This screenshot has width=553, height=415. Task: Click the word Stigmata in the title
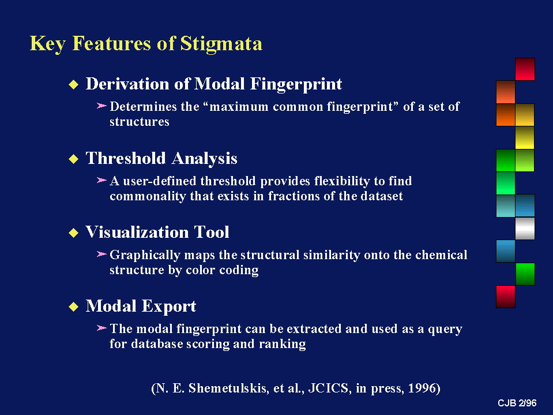pos(221,43)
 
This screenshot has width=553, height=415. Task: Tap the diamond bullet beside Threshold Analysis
pos(73,159)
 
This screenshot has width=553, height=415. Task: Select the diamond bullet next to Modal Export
pos(73,306)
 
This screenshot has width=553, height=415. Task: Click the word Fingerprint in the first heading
pos(296,85)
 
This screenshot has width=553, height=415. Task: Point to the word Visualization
pos(137,232)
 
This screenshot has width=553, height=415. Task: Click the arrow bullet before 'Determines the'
pos(101,106)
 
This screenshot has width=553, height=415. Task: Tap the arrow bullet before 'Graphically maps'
pos(101,254)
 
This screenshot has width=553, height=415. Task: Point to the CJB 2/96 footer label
pos(517,403)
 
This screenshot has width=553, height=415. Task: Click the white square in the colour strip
pos(525,229)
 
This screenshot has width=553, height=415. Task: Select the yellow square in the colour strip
pos(525,137)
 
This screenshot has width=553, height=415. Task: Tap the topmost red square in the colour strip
pos(525,69)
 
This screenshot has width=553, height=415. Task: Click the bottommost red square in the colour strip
pos(506,297)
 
